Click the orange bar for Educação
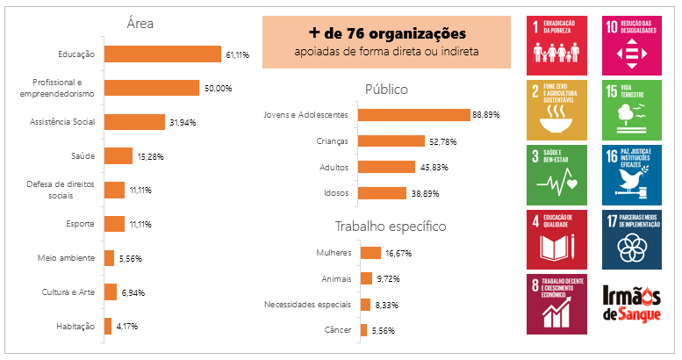tap(162, 54)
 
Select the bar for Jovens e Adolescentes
tap(413, 115)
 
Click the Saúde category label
tap(83, 155)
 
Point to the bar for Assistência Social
tap(134, 122)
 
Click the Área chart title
tap(140, 24)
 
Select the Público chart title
tap(386, 89)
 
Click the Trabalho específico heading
tap(391, 227)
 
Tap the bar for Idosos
tap(382, 193)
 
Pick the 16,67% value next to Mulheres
tap(398, 253)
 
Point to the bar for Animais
tap(367, 278)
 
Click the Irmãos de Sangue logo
tap(632, 303)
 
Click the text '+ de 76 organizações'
tap(386, 32)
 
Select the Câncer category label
tap(336, 330)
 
